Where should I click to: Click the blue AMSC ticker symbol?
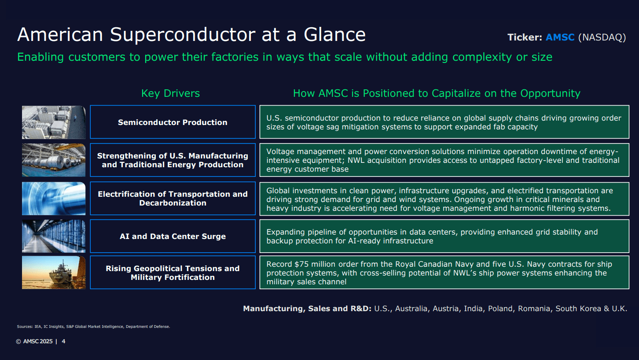click(x=560, y=37)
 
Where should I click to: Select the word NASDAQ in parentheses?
click(x=602, y=37)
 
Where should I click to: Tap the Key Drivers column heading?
click(x=170, y=93)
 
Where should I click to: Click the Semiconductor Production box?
click(x=173, y=122)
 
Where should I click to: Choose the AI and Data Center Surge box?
click(x=173, y=236)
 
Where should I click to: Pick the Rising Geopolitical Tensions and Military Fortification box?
click(x=173, y=273)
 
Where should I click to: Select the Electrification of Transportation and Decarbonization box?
click(x=173, y=198)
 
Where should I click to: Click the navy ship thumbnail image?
click(x=54, y=272)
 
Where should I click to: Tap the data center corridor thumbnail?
click(x=54, y=236)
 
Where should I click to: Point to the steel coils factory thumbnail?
click(x=54, y=160)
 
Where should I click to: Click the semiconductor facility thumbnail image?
click(x=54, y=122)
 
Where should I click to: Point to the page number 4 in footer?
click(x=63, y=342)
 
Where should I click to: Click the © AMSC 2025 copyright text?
click(x=34, y=342)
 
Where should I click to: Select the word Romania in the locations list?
click(x=534, y=309)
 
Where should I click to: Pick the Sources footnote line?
click(x=93, y=327)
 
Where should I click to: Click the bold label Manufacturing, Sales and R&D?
click(x=307, y=309)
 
